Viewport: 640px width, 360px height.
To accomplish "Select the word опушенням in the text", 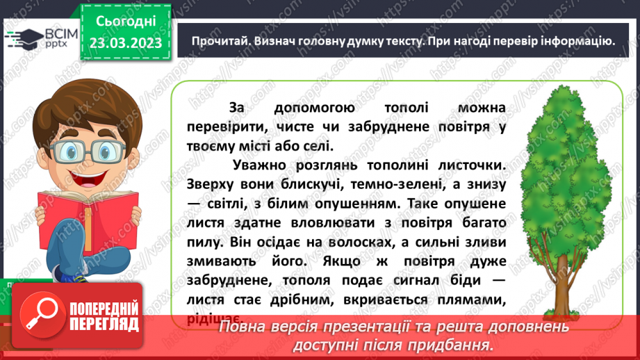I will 362,204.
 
